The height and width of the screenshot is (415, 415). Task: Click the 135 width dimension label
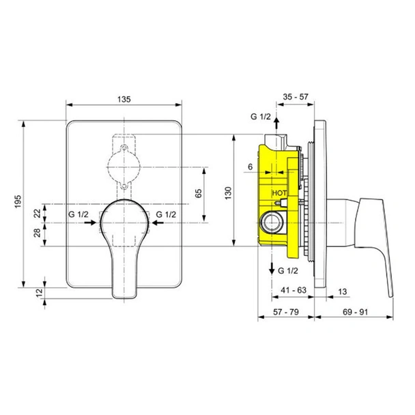point(124,99)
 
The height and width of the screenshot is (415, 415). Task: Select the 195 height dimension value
point(18,201)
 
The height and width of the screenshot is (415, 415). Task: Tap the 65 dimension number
point(198,193)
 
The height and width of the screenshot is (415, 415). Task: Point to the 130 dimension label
point(228,193)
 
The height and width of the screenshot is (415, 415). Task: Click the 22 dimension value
point(38,214)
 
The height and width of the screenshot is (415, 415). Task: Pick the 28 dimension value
point(38,233)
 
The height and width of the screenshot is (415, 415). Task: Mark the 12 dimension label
point(39,293)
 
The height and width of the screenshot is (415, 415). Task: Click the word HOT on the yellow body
point(279,193)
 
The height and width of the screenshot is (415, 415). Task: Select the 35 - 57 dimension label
point(296,97)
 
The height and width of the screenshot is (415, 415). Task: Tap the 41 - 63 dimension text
point(294,290)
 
